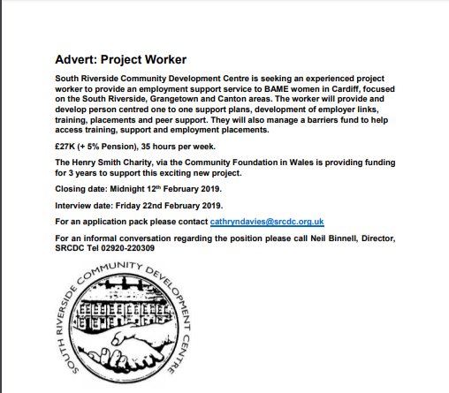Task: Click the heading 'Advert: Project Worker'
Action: pyautogui.click(x=120, y=60)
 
